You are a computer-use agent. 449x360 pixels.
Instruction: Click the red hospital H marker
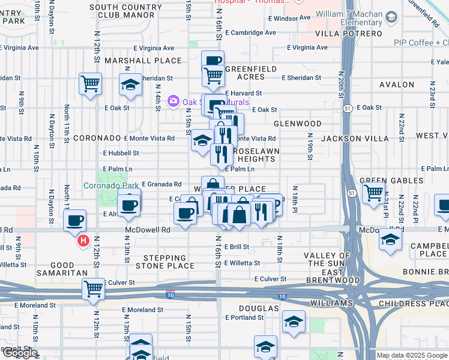pos(83,242)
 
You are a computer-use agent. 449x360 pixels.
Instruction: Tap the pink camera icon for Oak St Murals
pos(174,101)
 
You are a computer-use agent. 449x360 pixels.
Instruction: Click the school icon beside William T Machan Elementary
pos(392,17)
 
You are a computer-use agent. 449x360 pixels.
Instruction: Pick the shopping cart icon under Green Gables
pos(373,193)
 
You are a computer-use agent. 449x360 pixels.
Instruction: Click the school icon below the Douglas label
pos(294,322)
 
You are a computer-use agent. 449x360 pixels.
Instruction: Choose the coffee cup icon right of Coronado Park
pos(129,205)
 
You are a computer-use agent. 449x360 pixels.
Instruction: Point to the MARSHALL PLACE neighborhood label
pos(143,61)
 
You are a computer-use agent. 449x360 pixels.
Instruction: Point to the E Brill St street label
pos(237,247)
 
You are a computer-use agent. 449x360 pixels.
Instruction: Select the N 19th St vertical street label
pos(311,151)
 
